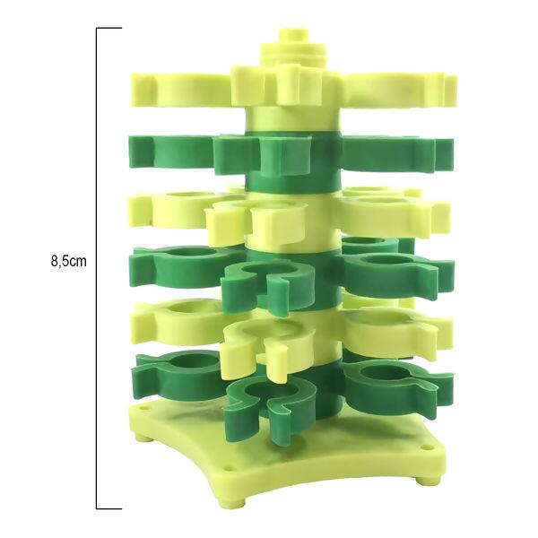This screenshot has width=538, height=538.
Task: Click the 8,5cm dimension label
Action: [x=69, y=262]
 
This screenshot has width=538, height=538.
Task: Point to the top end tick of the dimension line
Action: [x=109, y=28]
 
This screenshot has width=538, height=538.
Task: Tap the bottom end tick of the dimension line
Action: [x=109, y=508]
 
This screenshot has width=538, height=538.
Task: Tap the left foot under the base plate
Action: [x=140, y=438]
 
